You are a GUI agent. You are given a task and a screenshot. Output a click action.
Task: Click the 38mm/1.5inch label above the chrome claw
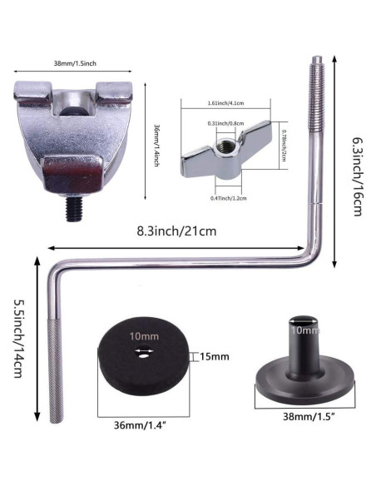pos(75,63)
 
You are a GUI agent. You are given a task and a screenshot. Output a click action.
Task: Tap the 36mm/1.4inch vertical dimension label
pos(156,146)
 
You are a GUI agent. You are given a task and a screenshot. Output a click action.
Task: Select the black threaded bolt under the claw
pos(74,209)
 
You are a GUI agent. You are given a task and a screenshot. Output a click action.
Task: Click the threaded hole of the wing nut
pos(226,145)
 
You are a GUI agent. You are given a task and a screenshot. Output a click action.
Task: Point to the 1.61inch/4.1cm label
pos(225,103)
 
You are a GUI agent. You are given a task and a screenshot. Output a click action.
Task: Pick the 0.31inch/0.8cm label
pos(225,123)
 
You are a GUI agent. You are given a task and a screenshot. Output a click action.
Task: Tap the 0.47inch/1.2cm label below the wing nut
pos(229,198)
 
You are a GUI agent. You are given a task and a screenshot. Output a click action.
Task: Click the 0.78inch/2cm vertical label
pos(284,145)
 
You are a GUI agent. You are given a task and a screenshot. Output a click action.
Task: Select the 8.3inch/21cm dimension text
pos(176,231)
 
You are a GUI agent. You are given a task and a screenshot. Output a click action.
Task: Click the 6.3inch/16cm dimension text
pos(358,177)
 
